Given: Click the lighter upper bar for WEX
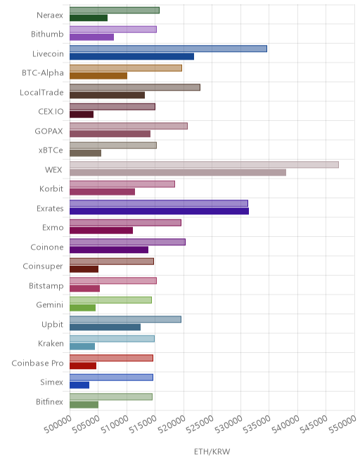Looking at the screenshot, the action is (205, 165).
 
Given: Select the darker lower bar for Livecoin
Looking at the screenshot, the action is (132, 56).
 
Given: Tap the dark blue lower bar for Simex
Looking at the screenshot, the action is (79, 385).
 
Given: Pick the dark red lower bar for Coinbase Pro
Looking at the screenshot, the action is (83, 366).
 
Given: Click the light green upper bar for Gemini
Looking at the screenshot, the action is (110, 300).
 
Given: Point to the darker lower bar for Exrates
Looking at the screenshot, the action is (160, 211).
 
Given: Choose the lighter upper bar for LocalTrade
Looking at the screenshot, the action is (135, 87).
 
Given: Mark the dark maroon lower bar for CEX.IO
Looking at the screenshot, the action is (82, 115).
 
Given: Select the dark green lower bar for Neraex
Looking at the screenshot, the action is (89, 18).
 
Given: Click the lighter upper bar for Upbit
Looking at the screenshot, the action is (126, 319).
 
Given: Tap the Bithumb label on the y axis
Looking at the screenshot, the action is (47, 34).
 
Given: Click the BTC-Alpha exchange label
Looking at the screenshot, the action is (43, 73).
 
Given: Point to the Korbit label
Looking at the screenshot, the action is (51, 189).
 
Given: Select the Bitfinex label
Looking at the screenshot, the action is (49, 401).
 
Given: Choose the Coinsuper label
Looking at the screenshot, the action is (43, 266).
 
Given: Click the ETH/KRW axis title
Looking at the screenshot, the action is (212, 451).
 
